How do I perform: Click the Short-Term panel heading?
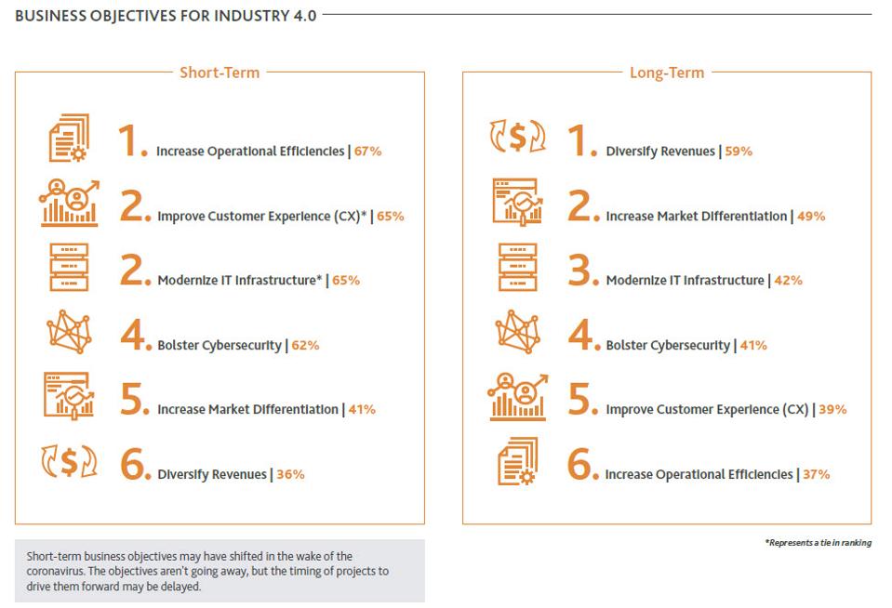[x=220, y=73]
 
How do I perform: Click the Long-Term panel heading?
[x=666, y=73]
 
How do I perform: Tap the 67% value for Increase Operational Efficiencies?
[x=367, y=151]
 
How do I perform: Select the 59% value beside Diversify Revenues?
[x=738, y=151]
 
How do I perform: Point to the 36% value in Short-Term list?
[x=290, y=474]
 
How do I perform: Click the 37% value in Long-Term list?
[x=816, y=474]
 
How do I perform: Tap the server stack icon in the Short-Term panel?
[x=70, y=268]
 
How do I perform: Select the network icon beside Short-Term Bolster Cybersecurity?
[x=70, y=332]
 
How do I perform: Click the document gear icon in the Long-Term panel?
[x=516, y=462]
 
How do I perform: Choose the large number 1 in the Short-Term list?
[x=131, y=140]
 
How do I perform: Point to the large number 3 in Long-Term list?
[x=581, y=270]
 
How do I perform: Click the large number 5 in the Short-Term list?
[x=134, y=399]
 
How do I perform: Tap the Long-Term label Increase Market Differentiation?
[x=696, y=216]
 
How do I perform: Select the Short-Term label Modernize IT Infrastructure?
[x=240, y=280]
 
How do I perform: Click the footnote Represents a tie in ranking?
[x=818, y=543]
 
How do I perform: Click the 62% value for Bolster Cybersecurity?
[x=305, y=345]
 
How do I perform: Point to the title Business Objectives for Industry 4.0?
[x=166, y=15]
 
